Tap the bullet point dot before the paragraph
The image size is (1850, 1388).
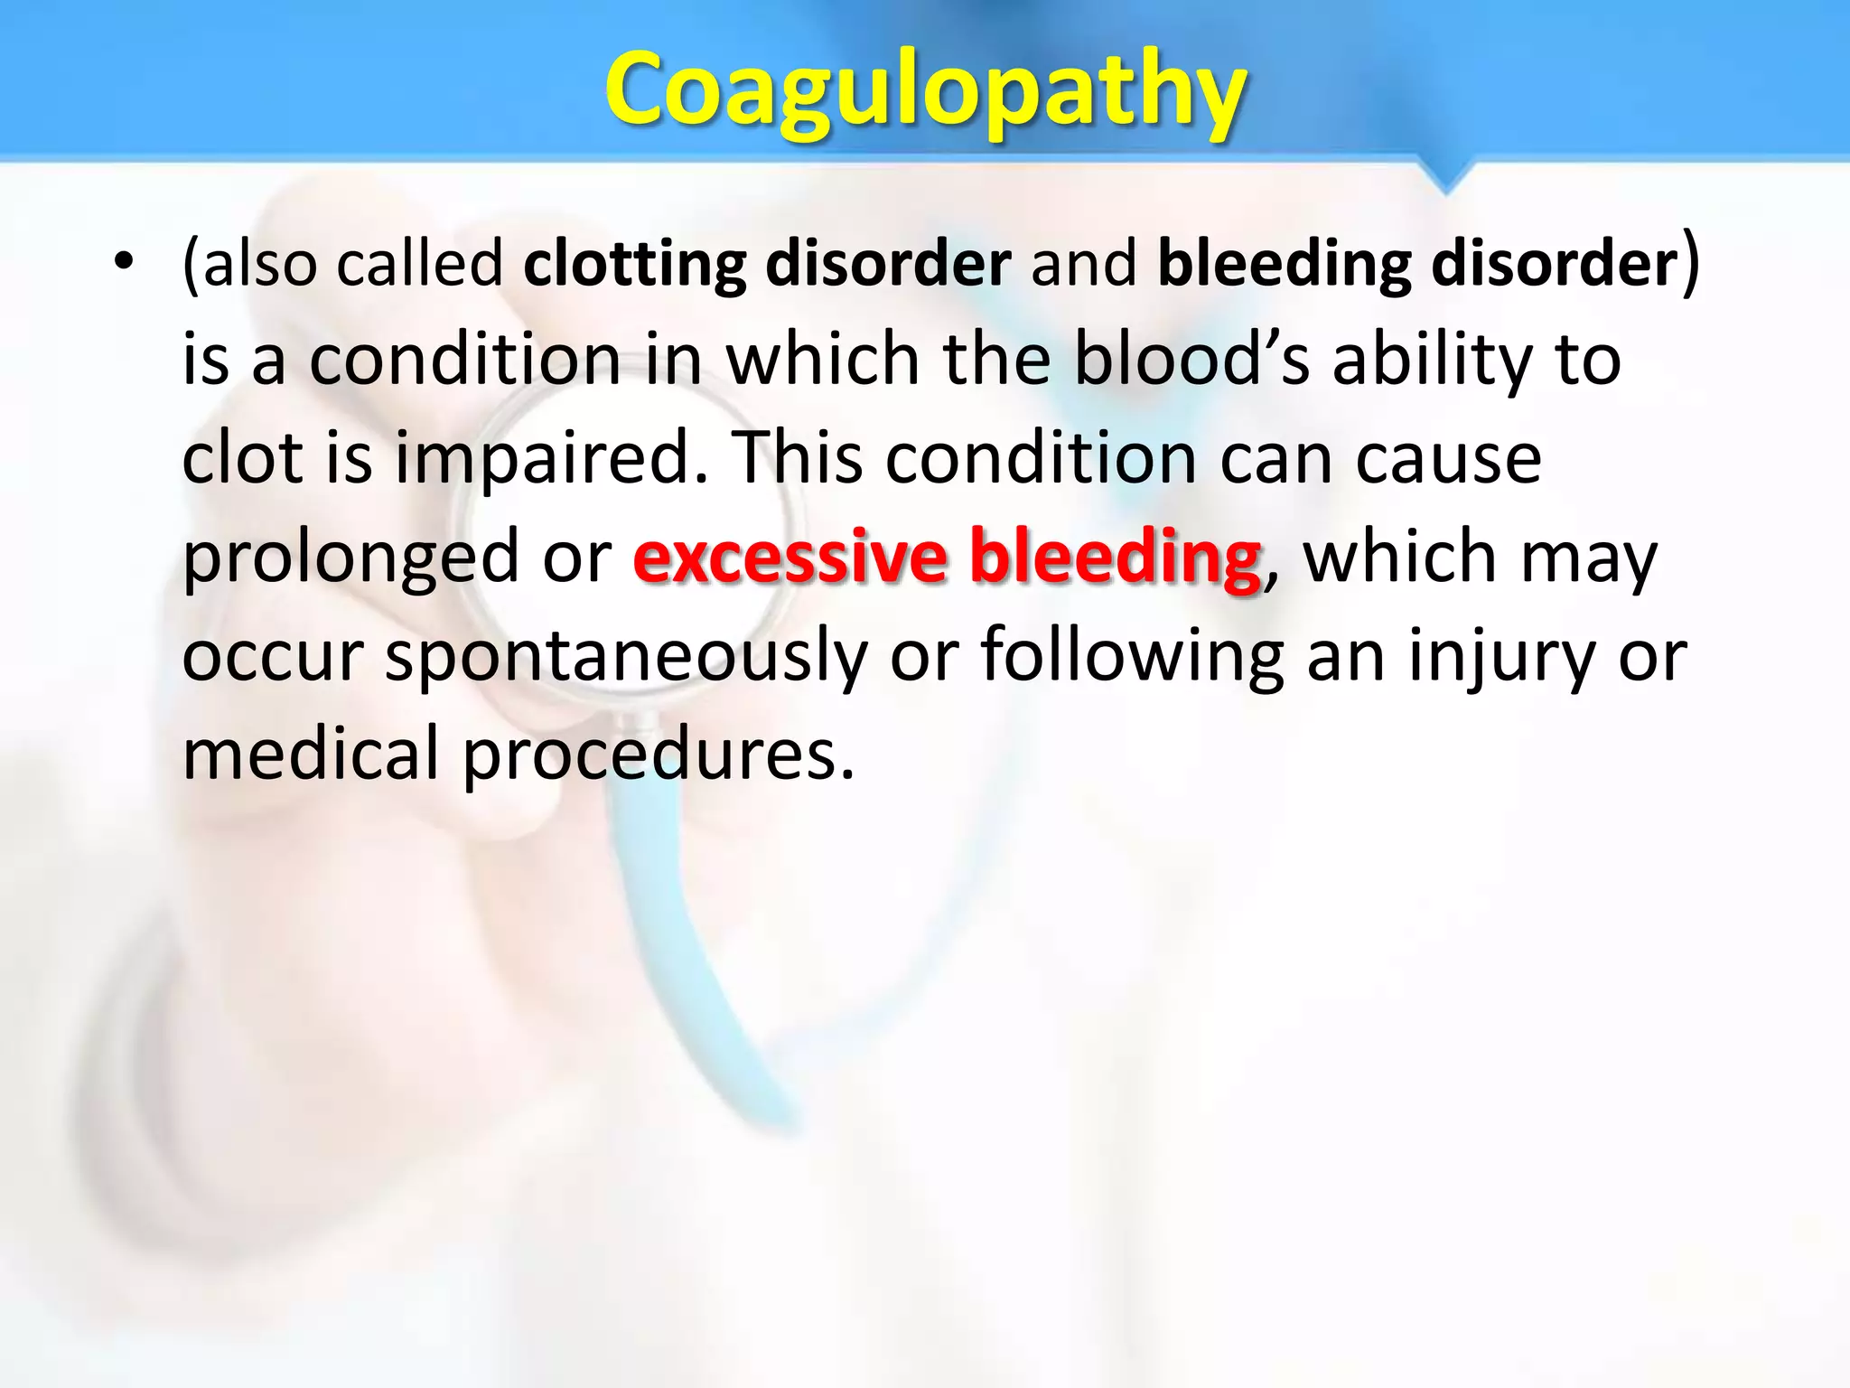point(124,263)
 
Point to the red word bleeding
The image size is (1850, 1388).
point(1115,557)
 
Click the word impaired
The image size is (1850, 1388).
point(551,457)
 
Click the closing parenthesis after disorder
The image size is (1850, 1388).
point(1690,263)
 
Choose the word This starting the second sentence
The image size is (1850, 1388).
point(796,457)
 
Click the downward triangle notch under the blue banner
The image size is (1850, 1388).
point(1445,176)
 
